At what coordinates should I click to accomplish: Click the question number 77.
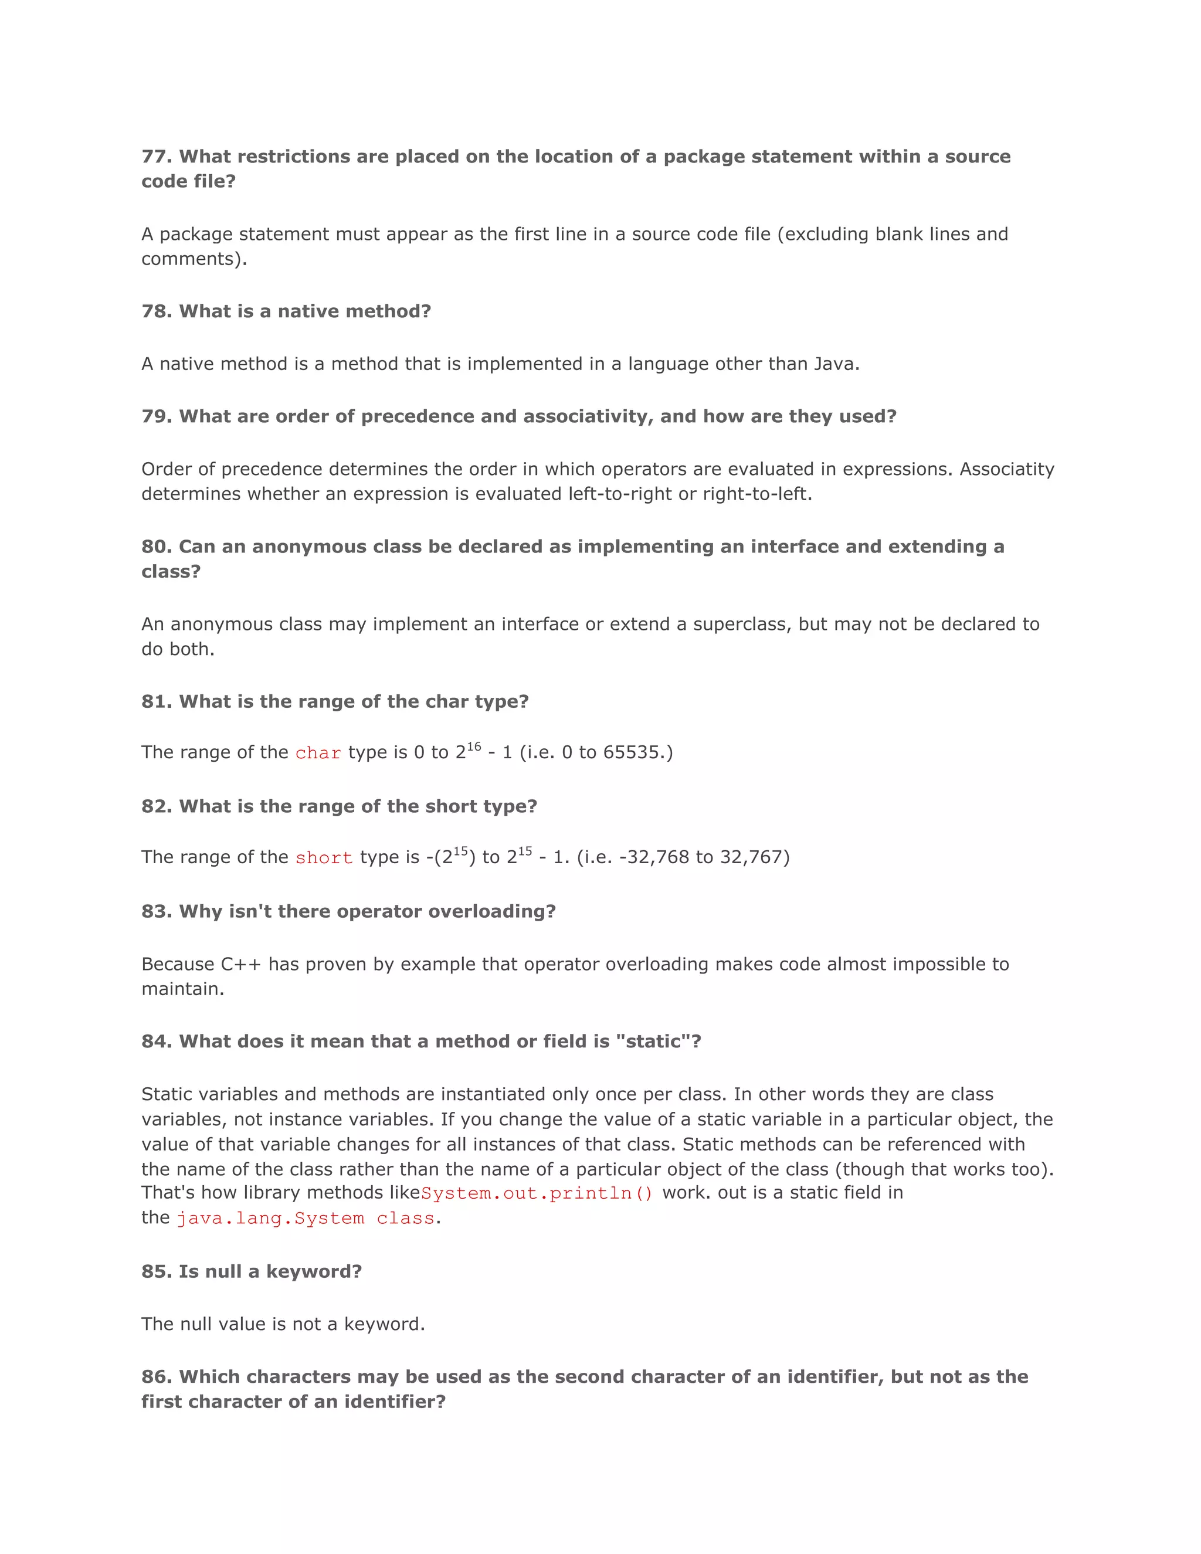pos(156,157)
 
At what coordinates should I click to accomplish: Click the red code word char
pos(318,753)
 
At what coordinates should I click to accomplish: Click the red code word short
pos(324,857)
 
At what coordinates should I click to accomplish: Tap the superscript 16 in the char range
pos(474,746)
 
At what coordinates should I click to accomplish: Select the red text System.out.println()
pos(537,1193)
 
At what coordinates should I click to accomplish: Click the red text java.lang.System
pos(270,1218)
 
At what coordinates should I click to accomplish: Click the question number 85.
pos(156,1271)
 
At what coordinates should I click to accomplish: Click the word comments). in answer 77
pos(194,259)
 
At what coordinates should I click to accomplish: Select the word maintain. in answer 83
pos(182,989)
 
